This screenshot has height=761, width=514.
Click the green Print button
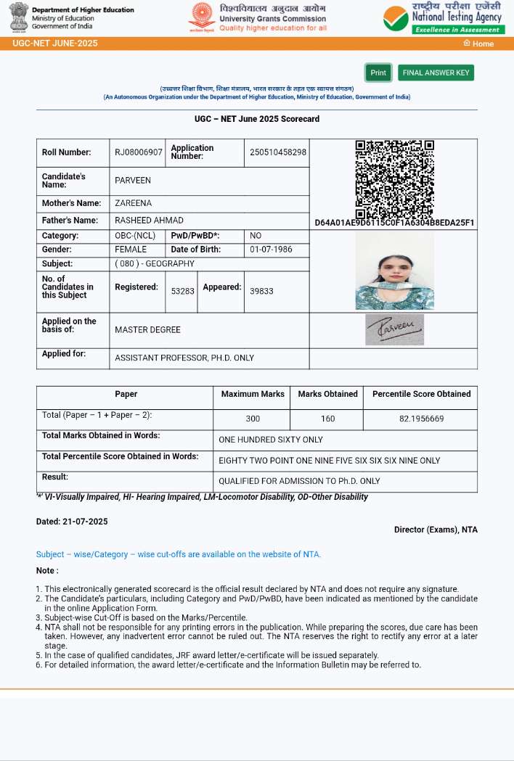[x=378, y=73]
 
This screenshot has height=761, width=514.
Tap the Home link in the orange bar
[x=479, y=44]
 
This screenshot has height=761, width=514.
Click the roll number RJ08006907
[x=139, y=152]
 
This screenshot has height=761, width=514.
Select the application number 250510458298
[x=278, y=152]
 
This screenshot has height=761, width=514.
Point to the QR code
[x=394, y=179]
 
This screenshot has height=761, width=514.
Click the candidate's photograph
[x=394, y=271]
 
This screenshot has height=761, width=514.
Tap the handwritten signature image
[x=394, y=329]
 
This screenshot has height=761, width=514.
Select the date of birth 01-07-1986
[x=271, y=250]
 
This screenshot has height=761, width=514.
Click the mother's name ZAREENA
[x=134, y=203]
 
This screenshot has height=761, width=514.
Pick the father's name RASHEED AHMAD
[x=150, y=221]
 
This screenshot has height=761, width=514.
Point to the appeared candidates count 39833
[x=261, y=291]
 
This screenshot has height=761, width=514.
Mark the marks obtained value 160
[x=327, y=419]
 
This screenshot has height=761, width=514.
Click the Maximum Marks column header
[x=253, y=394]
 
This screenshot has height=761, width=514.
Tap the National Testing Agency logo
[x=443, y=17]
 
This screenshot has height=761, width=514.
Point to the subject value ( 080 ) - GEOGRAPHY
[x=155, y=264]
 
